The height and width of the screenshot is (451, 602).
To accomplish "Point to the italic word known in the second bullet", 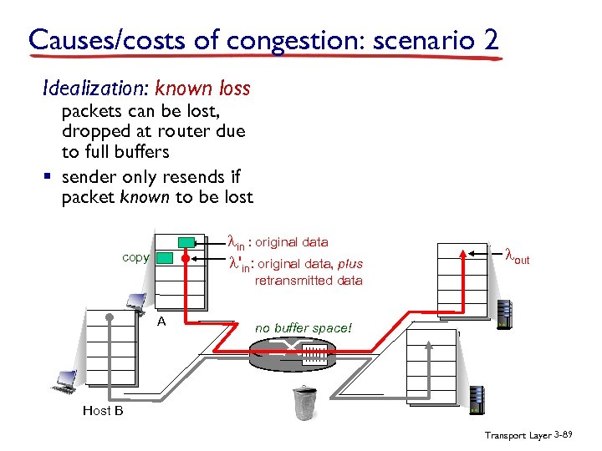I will [x=141, y=197].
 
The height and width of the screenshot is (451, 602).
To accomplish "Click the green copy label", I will [x=135, y=257].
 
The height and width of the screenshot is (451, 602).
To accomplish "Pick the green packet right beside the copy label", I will [x=165, y=258].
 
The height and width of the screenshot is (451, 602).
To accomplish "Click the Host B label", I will [x=103, y=410].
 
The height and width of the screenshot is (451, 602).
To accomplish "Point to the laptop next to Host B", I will [x=64, y=382].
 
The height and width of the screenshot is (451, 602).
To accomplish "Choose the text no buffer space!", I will [x=304, y=328].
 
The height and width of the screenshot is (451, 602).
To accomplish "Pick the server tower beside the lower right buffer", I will [x=478, y=400].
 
